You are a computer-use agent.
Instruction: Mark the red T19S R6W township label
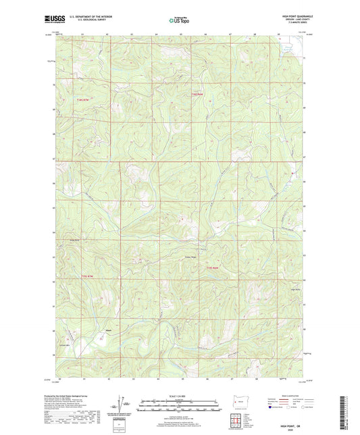click(213, 269)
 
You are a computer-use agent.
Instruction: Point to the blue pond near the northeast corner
click(288, 48)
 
